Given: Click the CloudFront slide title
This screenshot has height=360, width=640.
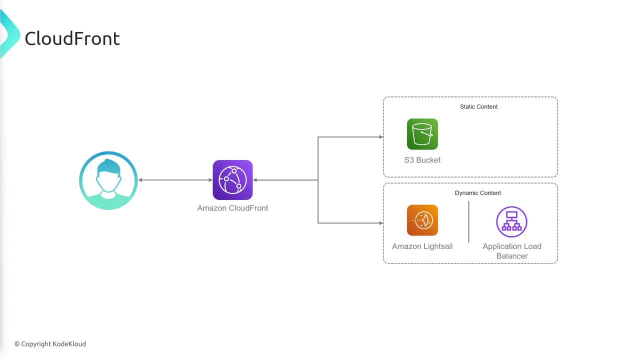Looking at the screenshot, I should tap(72, 38).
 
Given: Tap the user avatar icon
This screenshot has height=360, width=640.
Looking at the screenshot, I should tap(108, 180).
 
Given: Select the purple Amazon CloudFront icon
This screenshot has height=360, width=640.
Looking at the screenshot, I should tap(232, 180).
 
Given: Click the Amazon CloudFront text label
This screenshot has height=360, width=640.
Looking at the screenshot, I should tap(232, 208).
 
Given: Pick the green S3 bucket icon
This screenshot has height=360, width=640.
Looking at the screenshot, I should tap(422, 134).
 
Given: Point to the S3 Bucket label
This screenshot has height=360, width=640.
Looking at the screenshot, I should tap(422, 160).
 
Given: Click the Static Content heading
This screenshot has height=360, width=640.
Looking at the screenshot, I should tap(478, 106).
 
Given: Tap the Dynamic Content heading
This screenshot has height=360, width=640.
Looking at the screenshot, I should tap(478, 193).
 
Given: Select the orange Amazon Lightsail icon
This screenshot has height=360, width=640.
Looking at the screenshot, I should tap(422, 220).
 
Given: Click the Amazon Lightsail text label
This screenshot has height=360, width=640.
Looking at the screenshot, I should tap(422, 246).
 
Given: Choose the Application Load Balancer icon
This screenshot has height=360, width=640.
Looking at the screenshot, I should tap(511, 221).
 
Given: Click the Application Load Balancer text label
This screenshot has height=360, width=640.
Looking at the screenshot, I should tap(512, 251).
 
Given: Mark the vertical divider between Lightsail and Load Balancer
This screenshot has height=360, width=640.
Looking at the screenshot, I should tap(468, 222).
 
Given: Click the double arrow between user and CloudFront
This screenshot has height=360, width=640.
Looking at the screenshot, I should tap(175, 180).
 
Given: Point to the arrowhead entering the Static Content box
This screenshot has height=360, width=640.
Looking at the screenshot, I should tap(381, 137).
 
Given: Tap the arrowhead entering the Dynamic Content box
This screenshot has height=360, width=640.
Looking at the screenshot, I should tap(381, 223).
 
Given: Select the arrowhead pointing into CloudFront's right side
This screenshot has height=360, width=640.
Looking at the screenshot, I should tap(255, 180).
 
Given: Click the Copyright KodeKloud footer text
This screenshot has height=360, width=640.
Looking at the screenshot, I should tap(50, 344).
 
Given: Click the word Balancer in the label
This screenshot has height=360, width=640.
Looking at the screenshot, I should tap(512, 256).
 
